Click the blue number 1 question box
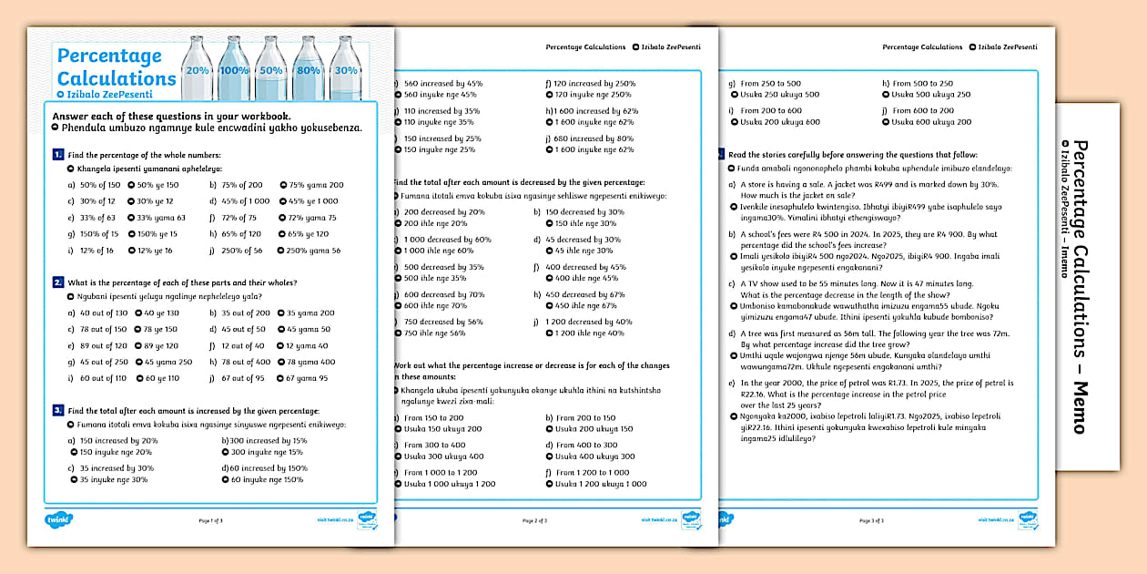pyautogui.click(x=58, y=156)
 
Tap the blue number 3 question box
pyautogui.click(x=58, y=411)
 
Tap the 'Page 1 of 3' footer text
pyautogui.click(x=210, y=520)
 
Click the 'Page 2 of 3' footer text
pyautogui.click(x=534, y=520)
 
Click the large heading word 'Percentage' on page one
pyautogui.click(x=109, y=56)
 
